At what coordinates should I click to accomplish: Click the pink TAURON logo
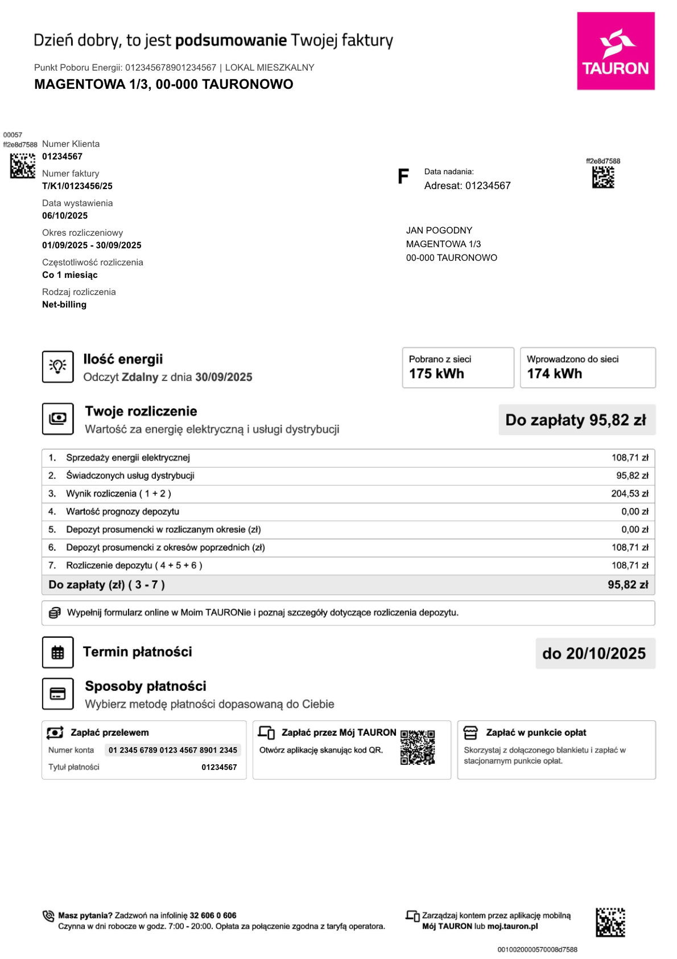(x=616, y=51)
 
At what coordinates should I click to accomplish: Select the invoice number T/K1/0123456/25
(x=77, y=186)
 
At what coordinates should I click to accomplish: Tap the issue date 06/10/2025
(x=65, y=216)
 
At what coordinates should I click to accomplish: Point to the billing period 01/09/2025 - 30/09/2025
(x=92, y=245)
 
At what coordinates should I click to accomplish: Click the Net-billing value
(x=64, y=305)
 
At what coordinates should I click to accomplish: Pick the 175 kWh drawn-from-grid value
(x=436, y=374)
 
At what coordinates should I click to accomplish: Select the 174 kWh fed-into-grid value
(x=554, y=374)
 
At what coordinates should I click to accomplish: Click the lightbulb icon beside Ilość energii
(x=58, y=366)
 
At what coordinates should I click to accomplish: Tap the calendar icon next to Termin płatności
(x=58, y=653)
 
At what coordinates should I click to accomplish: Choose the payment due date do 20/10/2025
(x=594, y=653)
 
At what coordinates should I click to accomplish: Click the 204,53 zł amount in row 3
(x=629, y=494)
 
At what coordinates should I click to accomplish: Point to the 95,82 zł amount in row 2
(x=632, y=476)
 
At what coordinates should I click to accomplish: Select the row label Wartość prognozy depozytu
(x=122, y=511)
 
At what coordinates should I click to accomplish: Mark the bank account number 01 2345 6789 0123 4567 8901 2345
(x=173, y=750)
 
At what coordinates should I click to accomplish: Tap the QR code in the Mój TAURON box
(x=418, y=747)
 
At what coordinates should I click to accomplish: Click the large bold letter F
(x=403, y=177)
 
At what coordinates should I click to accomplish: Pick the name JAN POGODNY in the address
(x=439, y=231)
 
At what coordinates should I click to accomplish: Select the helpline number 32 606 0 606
(x=213, y=915)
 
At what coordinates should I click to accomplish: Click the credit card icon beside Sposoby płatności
(x=58, y=694)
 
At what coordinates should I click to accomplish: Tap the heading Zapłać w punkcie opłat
(x=535, y=732)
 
